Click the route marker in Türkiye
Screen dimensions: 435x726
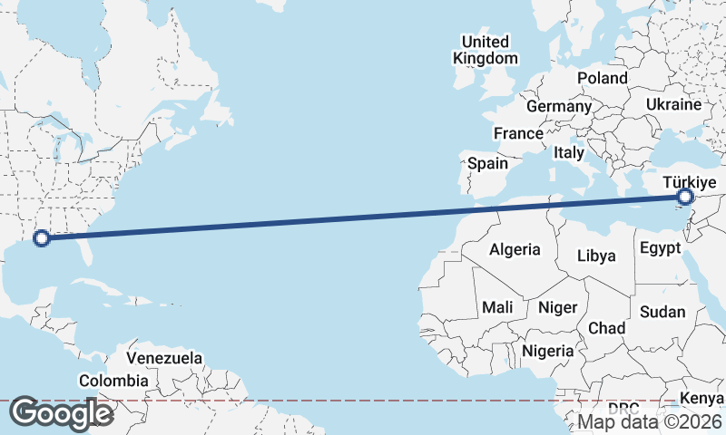click(685, 197)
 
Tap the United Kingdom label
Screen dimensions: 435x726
click(486, 50)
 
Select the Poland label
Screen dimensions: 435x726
click(602, 78)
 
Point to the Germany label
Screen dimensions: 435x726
click(558, 106)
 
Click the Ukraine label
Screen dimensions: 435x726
click(673, 104)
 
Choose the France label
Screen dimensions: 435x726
click(518, 133)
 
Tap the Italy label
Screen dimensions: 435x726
click(569, 153)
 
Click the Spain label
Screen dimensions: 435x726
click(487, 164)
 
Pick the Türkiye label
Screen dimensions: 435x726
click(691, 181)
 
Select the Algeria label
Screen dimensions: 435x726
click(515, 249)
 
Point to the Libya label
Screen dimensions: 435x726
click(596, 256)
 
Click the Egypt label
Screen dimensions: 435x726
click(660, 247)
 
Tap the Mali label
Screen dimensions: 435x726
click(497, 307)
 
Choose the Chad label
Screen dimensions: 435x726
click(606, 327)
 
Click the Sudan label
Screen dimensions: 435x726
click(662, 311)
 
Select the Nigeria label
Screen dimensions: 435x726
click(549, 351)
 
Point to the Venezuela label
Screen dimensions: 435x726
click(164, 358)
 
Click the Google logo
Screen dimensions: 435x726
click(61, 413)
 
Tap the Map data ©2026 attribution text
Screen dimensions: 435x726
click(650, 421)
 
